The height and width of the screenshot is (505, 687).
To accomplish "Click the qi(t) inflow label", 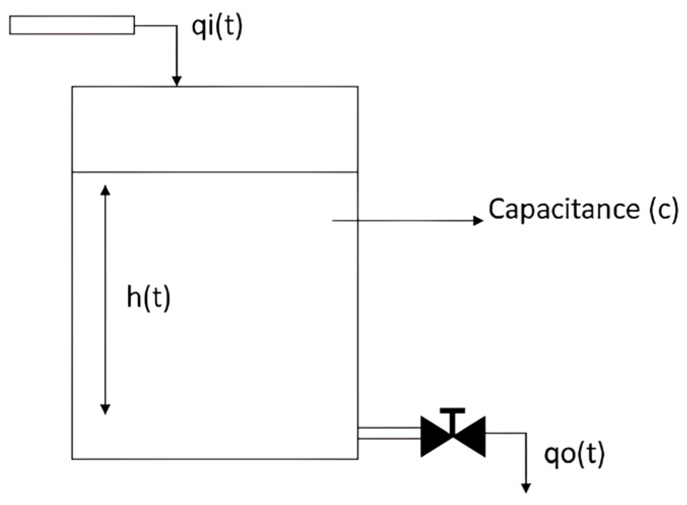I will (x=217, y=27).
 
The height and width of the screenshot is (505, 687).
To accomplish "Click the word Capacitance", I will (x=563, y=209).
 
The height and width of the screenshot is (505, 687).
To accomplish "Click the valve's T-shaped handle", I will (x=453, y=412).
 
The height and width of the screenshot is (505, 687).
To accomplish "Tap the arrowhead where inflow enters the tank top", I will (x=177, y=81).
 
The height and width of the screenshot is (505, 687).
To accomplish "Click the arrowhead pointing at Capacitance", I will (x=478, y=220).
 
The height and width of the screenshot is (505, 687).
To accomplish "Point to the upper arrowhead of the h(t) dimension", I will (x=105, y=190).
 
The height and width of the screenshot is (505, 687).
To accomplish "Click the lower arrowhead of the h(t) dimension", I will (x=105, y=409).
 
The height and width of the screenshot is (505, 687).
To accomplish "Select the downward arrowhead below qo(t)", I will (x=526, y=488).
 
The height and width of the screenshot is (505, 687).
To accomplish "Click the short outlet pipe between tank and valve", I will (x=389, y=433).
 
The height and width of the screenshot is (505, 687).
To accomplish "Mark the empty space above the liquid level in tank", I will (x=215, y=129).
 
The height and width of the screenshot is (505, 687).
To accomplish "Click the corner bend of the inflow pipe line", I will (x=177, y=26).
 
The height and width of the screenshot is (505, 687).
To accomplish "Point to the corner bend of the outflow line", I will (x=526, y=433).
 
